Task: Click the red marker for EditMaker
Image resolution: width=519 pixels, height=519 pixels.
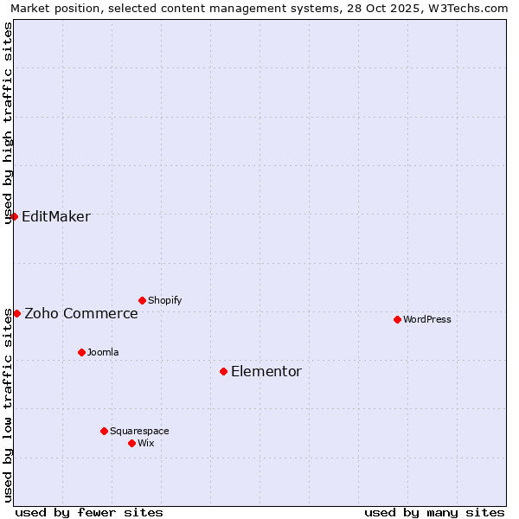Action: pyautogui.click(x=15, y=216)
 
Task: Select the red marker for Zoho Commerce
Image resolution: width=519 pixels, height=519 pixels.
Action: pyautogui.click(x=17, y=313)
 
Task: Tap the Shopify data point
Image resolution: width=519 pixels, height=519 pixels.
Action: pyautogui.click(x=142, y=300)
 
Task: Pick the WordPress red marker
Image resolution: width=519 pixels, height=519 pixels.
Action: pyautogui.click(x=397, y=319)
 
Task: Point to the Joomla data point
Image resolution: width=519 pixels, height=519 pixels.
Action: pyautogui.click(x=81, y=352)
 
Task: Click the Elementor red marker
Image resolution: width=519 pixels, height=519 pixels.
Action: pyautogui.click(x=223, y=371)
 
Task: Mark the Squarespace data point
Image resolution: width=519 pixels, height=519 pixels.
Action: pyautogui.click(x=104, y=431)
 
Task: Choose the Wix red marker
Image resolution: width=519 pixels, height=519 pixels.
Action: pyautogui.click(x=131, y=443)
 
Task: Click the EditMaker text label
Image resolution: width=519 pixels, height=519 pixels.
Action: pyautogui.click(x=55, y=216)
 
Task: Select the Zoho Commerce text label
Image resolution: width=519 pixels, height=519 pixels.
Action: pyautogui.click(x=81, y=313)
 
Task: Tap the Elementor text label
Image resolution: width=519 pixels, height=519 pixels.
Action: pyautogui.click(x=266, y=371)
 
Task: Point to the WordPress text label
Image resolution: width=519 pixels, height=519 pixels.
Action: pyautogui.click(x=427, y=319)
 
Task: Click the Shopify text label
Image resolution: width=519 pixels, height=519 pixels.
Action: pyautogui.click(x=165, y=300)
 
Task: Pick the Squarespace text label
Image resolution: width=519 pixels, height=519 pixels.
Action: pyautogui.click(x=139, y=431)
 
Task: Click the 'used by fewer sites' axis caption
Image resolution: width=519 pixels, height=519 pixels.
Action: pyautogui.click(x=89, y=512)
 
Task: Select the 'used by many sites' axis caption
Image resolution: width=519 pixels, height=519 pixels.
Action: pyautogui.click(x=434, y=512)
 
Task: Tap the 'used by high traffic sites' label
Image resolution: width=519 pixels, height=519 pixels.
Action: pyautogui.click(x=9, y=123)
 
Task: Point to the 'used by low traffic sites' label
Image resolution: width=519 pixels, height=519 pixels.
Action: pyautogui.click(x=9, y=405)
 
